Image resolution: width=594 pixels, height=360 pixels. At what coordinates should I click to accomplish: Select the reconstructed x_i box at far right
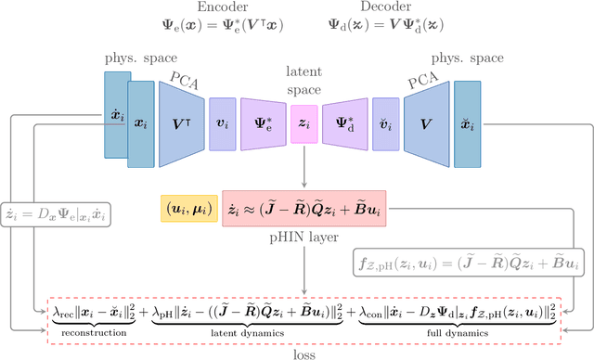click(468, 124)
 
